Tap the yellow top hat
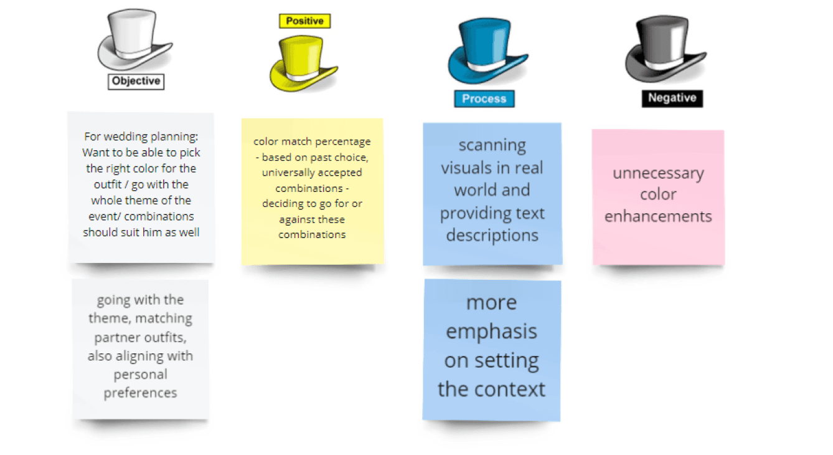[303, 63]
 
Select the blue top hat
[486, 52]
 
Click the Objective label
[136, 81]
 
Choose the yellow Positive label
[304, 21]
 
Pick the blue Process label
[484, 99]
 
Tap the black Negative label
[672, 98]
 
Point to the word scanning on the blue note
[492, 145]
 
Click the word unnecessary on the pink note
[658, 173]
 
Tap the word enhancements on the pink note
[658, 216]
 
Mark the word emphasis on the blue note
[491, 332]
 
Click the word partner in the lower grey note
[115, 337]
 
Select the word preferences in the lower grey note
[140, 393]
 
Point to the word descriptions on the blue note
[492, 236]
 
